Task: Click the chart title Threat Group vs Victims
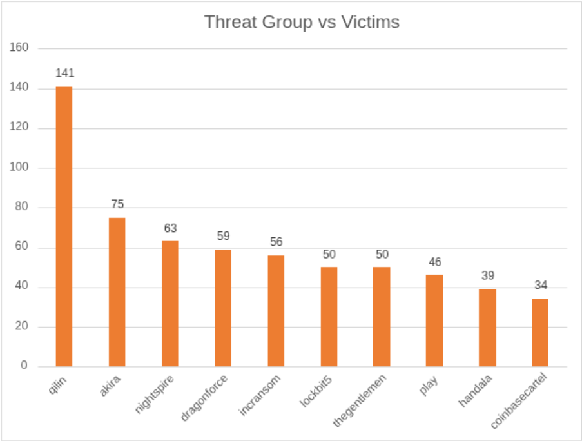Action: pos(302,22)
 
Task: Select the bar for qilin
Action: pos(64,226)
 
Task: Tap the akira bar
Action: pos(117,291)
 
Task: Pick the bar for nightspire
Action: pos(170,303)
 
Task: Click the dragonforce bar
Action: pos(223,308)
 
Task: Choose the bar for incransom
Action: pos(276,310)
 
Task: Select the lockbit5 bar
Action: pos(329,316)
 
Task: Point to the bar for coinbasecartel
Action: pos(540,332)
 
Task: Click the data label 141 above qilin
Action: pos(64,73)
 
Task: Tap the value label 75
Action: pos(117,204)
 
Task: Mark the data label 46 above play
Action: pos(434,262)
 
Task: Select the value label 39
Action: pos(487,276)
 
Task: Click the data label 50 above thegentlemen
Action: pos(382,254)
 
